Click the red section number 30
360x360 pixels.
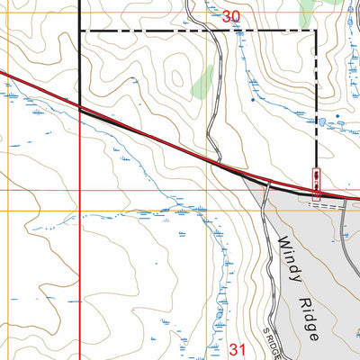(231, 15)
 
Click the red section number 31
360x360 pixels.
(238, 349)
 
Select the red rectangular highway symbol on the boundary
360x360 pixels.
(316, 182)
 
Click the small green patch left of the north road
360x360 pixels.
(202, 85)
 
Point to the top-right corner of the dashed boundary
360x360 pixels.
(316, 31)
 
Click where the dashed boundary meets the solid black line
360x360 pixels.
(81, 31)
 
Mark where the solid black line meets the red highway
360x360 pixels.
(81, 108)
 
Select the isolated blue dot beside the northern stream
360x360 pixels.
(253, 99)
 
